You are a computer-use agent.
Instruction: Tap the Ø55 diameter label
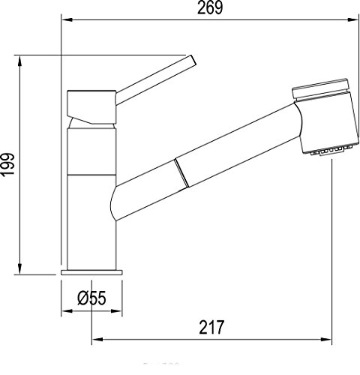click(x=91, y=298)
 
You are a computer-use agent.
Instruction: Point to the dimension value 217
click(x=212, y=328)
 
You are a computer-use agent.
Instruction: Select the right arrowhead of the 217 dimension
click(x=328, y=341)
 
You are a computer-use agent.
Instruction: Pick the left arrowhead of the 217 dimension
click(x=95, y=341)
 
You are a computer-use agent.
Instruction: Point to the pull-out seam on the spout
click(x=178, y=174)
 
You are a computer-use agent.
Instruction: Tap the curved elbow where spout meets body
click(x=115, y=204)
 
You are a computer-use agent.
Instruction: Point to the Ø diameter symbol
click(x=81, y=298)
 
